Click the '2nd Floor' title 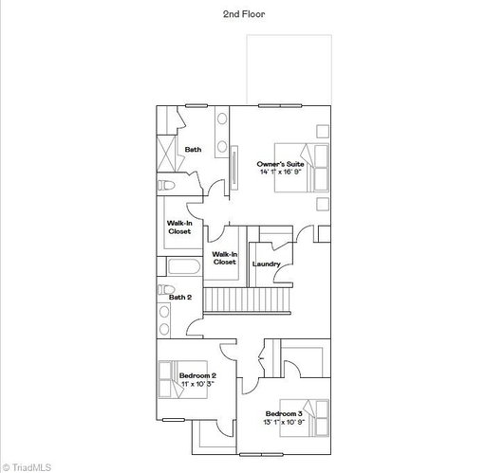point(244,14)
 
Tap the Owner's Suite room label point(280,164)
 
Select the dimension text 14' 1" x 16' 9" point(280,172)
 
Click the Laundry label point(267,264)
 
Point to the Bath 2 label point(180,298)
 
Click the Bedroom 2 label point(197,375)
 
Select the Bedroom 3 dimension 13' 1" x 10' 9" point(284,422)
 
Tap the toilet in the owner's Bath point(166,185)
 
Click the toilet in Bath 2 point(166,289)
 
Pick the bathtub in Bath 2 point(184,266)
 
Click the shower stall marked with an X point(166,154)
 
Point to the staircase point(247,300)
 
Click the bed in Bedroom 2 point(183,379)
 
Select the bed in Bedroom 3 point(305,418)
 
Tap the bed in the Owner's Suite point(302,168)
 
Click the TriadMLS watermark point(27,467)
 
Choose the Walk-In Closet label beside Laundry point(225,258)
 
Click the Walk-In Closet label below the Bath point(179,227)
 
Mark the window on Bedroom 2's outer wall point(174,420)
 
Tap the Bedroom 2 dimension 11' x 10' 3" point(197,384)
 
